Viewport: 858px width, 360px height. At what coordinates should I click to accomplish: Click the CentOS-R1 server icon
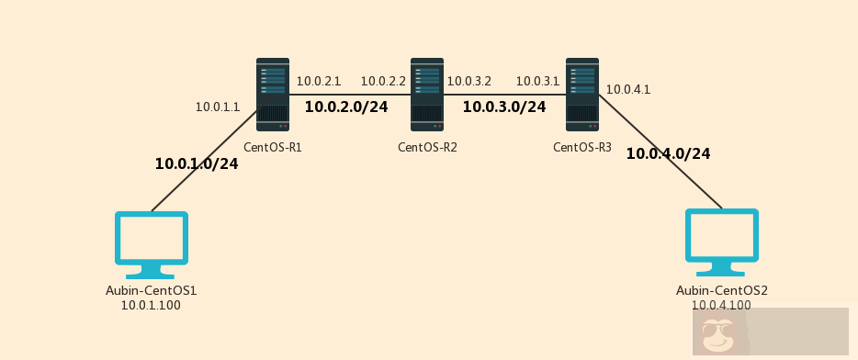click(273, 95)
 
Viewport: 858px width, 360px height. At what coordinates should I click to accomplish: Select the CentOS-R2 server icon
click(427, 95)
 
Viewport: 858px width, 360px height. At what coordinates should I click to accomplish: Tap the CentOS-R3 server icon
click(582, 95)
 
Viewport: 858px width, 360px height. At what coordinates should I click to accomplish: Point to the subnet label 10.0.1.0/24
click(197, 164)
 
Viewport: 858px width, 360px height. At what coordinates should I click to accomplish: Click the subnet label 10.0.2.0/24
click(346, 107)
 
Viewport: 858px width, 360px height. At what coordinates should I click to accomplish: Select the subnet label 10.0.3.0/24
click(504, 107)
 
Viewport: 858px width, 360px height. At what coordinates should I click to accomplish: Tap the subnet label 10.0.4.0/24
click(668, 154)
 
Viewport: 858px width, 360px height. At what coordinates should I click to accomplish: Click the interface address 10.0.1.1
click(217, 107)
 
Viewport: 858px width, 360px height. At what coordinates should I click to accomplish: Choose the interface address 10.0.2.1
click(318, 82)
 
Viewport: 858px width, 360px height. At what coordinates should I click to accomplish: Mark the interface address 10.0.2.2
click(383, 82)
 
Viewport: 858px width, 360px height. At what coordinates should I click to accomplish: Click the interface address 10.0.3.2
click(469, 82)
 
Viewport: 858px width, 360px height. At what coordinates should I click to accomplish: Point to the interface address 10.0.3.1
click(537, 82)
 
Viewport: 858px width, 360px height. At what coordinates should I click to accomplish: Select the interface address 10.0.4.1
click(628, 90)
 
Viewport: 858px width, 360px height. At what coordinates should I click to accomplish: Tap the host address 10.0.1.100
click(151, 306)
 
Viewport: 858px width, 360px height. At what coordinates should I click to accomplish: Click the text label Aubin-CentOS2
click(722, 291)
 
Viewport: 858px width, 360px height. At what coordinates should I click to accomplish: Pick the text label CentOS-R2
click(427, 147)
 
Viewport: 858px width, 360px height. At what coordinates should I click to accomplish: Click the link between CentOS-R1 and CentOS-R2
click(350, 94)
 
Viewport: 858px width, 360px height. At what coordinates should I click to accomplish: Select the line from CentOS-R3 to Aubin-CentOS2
click(660, 151)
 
